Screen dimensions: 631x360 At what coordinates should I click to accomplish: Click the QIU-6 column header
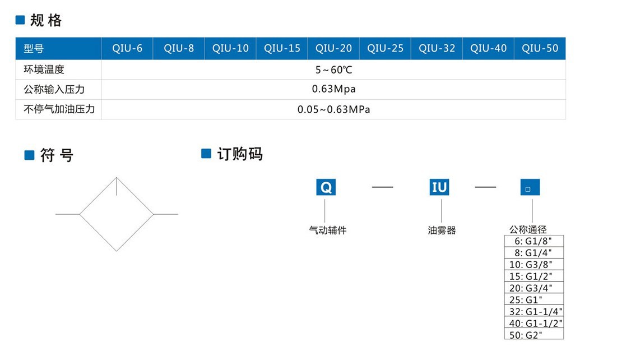point(127,48)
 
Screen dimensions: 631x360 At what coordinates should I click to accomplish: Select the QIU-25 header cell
point(385,48)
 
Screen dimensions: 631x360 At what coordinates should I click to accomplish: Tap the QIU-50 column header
point(540,48)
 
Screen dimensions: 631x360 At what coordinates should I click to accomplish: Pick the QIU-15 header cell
point(282,48)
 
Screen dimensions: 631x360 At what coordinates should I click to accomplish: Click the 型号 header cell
point(34,49)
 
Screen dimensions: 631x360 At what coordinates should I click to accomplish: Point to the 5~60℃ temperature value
point(333,70)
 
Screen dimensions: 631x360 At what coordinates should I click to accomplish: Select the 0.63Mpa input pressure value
point(333,89)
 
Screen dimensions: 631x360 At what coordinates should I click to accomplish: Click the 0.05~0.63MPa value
point(333,109)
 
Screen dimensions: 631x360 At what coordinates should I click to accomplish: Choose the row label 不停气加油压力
point(59,109)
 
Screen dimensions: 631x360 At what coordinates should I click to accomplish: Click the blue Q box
point(326,187)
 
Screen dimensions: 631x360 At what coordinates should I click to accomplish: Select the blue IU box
point(439,187)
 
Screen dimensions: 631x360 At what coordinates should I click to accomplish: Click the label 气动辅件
point(328,230)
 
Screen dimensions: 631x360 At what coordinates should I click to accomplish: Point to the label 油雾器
point(442,230)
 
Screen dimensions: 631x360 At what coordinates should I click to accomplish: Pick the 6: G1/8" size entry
point(533,241)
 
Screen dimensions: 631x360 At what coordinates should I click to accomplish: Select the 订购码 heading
point(239,154)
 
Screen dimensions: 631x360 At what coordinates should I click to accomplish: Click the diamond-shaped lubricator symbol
point(117,214)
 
